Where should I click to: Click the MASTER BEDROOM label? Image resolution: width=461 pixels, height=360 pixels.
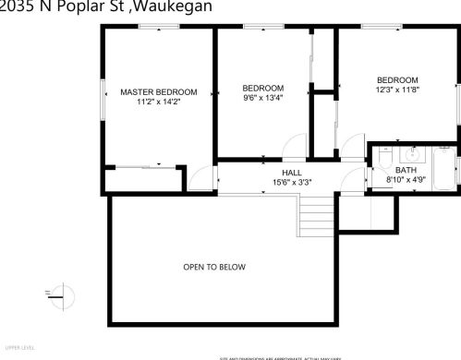(x=159, y=91)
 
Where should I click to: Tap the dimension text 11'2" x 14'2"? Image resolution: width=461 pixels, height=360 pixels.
(x=159, y=102)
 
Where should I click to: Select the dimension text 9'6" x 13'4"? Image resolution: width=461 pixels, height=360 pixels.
(x=262, y=97)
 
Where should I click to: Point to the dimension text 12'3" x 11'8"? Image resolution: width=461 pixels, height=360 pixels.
(x=397, y=90)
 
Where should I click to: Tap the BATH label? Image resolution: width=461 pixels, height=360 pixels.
(x=406, y=171)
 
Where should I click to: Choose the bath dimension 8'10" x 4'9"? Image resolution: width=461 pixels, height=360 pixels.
(x=406, y=181)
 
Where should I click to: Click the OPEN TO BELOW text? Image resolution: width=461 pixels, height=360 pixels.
(x=214, y=267)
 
